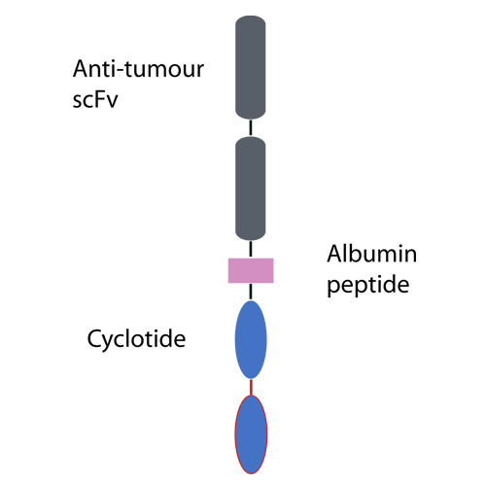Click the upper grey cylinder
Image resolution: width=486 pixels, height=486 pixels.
251,67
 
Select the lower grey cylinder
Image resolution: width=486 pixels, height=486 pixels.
251,189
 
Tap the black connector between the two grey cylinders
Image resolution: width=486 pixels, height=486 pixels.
251,127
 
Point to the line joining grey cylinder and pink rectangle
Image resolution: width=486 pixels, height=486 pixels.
251,249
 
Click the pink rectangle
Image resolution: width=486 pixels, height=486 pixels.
251,270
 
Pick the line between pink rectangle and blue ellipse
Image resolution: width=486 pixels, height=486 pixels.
251,292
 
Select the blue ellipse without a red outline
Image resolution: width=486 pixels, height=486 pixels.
251,339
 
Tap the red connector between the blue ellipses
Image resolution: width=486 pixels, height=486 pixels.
251,387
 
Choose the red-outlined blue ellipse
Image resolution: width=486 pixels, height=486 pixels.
251,434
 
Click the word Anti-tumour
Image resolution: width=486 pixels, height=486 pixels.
138,69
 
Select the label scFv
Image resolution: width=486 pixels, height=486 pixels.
95,99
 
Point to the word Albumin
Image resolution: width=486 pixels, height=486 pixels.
372,254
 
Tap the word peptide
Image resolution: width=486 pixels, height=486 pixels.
368,285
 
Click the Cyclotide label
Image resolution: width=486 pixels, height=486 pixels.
136,339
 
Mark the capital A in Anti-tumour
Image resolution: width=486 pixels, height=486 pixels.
81,69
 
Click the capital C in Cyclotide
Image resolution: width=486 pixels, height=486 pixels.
94,339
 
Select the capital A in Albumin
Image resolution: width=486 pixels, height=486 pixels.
334,254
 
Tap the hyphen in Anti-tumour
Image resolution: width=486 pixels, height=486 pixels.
119,71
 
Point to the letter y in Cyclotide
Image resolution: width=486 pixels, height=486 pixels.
110,342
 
